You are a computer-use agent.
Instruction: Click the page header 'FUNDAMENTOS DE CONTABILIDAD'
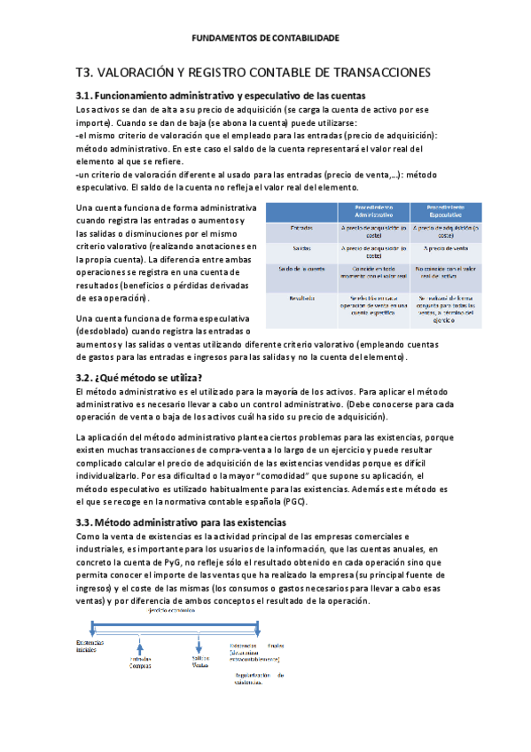pos(265,38)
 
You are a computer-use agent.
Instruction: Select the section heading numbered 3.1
pos(222,95)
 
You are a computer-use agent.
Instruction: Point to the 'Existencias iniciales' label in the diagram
pos(90,646)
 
